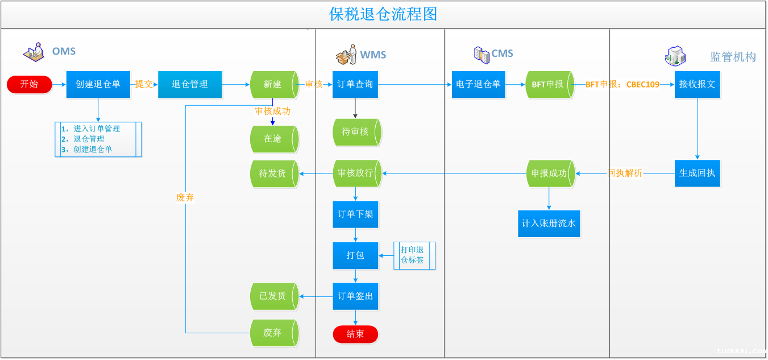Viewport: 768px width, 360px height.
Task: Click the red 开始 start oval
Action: pos(29,84)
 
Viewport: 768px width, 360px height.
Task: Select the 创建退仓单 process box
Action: pos(98,84)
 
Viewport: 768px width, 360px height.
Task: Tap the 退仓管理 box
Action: pos(189,84)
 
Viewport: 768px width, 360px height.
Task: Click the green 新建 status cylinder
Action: pos(273,84)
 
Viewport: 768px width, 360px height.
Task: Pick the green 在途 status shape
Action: pos(273,138)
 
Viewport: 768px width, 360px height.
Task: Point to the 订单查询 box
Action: pos(355,84)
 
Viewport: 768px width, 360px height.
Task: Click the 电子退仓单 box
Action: pos(478,84)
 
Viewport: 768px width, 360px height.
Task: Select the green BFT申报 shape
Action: pos(549,84)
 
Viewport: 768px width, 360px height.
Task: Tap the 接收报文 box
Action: pos(697,84)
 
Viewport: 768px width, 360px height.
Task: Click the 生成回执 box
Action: pos(697,173)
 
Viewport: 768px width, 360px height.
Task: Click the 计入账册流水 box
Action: pos(549,224)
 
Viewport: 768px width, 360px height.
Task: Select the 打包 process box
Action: pos(355,255)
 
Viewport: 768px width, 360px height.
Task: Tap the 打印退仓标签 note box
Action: pos(413,255)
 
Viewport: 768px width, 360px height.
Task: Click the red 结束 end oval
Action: pos(355,334)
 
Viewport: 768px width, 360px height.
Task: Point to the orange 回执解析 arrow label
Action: pos(625,173)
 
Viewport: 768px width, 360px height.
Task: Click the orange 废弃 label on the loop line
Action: pos(185,197)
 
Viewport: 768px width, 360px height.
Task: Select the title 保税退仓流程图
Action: pos(383,14)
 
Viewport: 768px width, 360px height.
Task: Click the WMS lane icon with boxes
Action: pos(346,55)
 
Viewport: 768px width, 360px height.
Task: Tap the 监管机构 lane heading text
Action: pos(733,57)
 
